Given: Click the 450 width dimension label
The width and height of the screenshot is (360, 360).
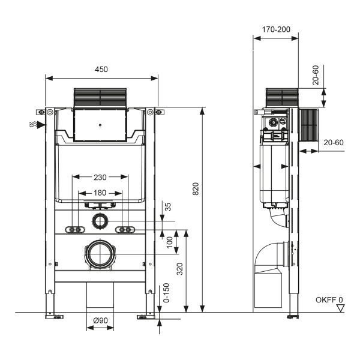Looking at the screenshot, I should click(x=101, y=70).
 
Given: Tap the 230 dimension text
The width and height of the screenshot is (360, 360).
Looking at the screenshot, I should click(x=100, y=178).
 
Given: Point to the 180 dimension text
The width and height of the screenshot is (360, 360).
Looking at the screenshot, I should click(x=100, y=193).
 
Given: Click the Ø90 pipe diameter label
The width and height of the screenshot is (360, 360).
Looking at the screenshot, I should click(x=100, y=322).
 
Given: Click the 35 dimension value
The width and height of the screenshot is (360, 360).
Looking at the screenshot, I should click(x=169, y=207).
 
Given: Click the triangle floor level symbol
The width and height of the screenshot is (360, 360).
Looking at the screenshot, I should click(x=340, y=308).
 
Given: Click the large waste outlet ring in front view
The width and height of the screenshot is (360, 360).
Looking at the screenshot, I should click(x=100, y=254).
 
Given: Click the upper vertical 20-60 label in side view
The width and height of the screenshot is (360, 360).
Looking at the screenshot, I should click(x=317, y=76).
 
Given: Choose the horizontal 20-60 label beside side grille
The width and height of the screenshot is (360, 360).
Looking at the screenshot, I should click(x=334, y=143).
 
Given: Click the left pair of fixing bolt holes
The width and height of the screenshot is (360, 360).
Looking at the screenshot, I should click(x=75, y=230).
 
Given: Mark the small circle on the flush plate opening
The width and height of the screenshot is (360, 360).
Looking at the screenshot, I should click(x=100, y=126).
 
